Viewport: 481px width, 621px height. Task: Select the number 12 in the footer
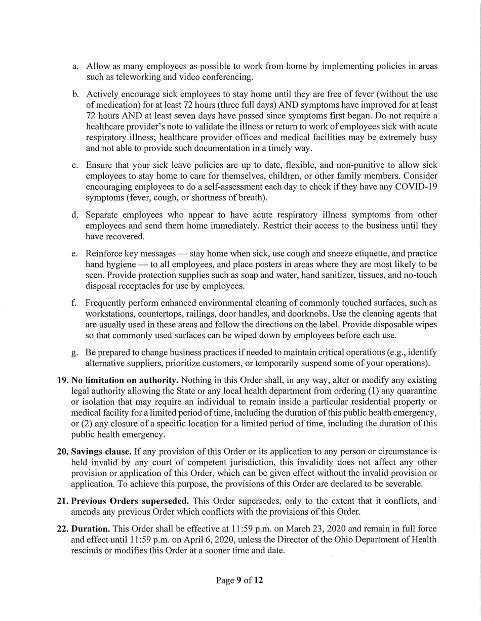pos(258,580)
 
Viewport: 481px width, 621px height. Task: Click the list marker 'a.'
pos(75,67)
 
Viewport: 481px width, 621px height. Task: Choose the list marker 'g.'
pos(75,352)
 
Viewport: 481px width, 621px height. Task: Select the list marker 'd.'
pos(75,215)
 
